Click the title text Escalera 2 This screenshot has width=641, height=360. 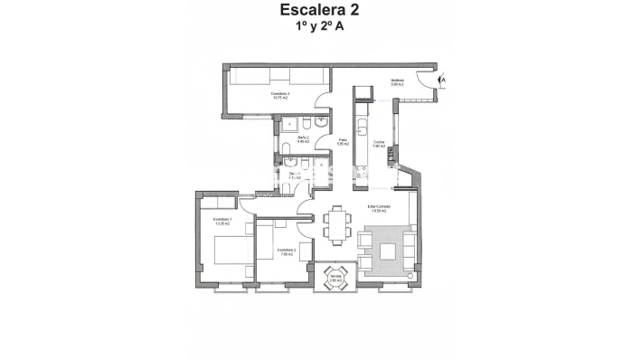[x=319, y=11]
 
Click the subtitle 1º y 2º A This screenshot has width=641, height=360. [x=319, y=27]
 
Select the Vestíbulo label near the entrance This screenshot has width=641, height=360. [x=397, y=81]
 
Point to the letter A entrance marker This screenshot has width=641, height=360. [x=443, y=81]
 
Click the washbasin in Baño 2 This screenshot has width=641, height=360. [x=306, y=123]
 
